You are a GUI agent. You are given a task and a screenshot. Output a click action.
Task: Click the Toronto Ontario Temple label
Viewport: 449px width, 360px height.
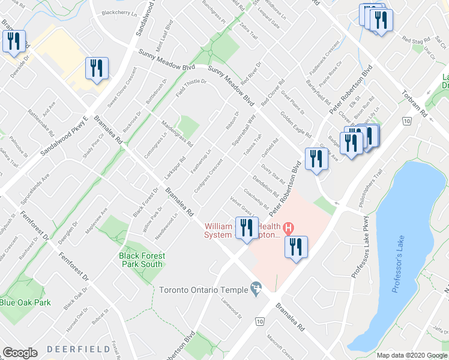pos(203,290)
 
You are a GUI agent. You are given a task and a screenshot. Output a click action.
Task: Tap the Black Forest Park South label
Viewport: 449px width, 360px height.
pos(141,260)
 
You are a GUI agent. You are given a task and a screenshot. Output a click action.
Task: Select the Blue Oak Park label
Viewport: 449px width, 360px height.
pos(25,302)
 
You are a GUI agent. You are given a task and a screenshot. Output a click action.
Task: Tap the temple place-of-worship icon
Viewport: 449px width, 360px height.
pos(257,290)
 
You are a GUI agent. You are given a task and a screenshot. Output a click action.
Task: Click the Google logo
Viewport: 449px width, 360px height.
pos(20,353)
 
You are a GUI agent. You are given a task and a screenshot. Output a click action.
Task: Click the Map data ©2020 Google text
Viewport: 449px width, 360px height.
pos(411,355)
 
